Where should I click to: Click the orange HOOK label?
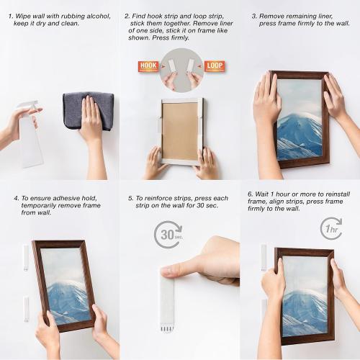(x=148, y=66)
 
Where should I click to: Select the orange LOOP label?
(x=215, y=66)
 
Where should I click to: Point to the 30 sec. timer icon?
(x=168, y=235)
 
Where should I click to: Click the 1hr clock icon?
(x=330, y=228)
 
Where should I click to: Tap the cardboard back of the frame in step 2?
(x=179, y=130)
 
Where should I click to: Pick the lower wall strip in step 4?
(x=26, y=308)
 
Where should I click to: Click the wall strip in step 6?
(x=264, y=256)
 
